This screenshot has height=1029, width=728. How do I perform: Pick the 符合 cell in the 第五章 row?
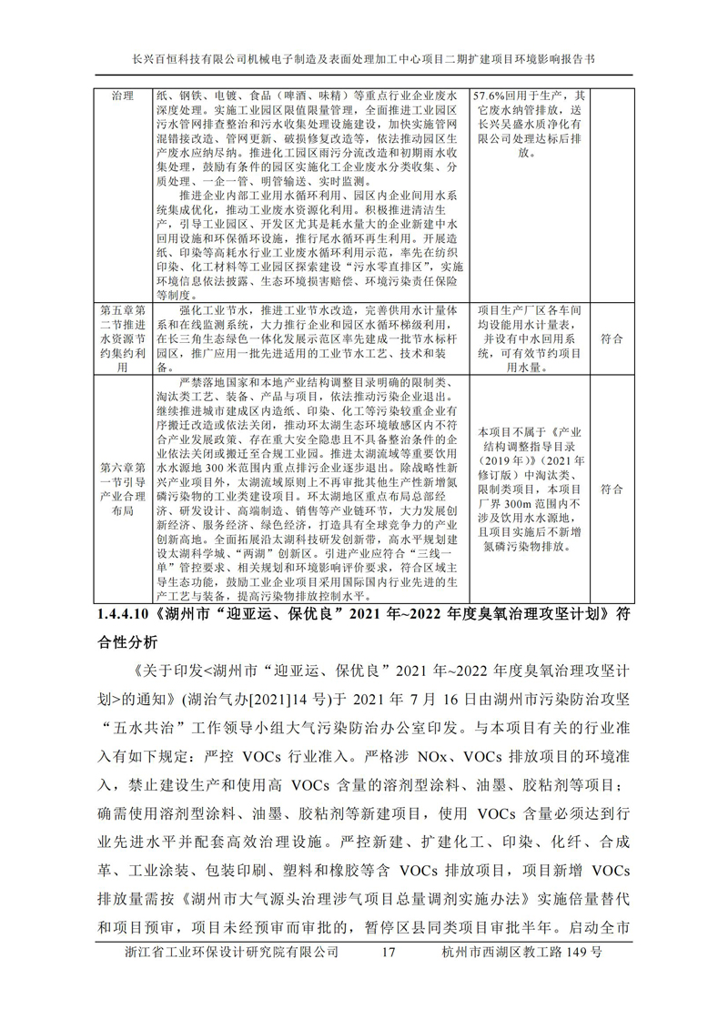click(x=612, y=338)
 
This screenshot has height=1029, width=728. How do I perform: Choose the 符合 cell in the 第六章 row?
click(x=612, y=489)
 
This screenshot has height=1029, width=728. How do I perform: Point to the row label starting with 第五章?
click(x=121, y=338)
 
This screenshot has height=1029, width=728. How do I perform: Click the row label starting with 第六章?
click(x=121, y=489)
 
